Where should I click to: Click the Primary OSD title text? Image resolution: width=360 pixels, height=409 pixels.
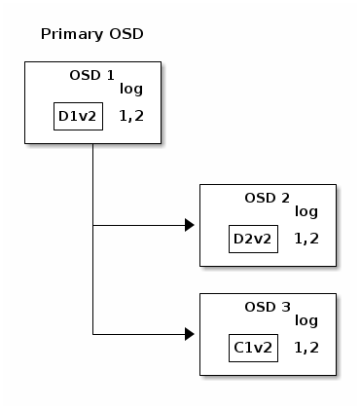pyautogui.click(x=92, y=34)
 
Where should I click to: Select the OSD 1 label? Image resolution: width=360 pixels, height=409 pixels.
pyautogui.click(x=92, y=75)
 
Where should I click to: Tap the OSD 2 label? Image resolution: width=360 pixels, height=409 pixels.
pyautogui.click(x=268, y=198)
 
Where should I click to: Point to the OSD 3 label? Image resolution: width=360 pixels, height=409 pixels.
pyautogui.click(x=268, y=307)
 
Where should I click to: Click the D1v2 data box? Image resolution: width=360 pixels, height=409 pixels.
pyautogui.click(x=78, y=116)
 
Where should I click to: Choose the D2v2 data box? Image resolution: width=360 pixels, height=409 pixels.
pyautogui.click(x=253, y=239)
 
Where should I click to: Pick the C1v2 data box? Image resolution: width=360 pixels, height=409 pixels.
pyautogui.click(x=253, y=348)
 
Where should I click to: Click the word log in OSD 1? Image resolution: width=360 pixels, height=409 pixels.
pyautogui.click(x=131, y=90)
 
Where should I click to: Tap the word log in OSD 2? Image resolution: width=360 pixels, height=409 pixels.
pyautogui.click(x=306, y=212)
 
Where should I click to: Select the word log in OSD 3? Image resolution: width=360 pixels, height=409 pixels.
pyautogui.click(x=306, y=321)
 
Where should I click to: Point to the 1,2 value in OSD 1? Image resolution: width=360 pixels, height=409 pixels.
pyautogui.click(x=131, y=116)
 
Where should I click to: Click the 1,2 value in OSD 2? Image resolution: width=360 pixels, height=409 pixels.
pyautogui.click(x=306, y=239)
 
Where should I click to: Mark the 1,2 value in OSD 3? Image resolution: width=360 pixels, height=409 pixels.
pyautogui.click(x=306, y=348)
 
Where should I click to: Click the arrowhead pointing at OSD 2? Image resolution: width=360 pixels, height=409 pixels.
pyautogui.click(x=190, y=225)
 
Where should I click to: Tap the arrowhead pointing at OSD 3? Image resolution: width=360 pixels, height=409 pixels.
pyautogui.click(x=190, y=334)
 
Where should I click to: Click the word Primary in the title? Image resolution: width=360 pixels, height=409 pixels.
pyautogui.click(x=72, y=34)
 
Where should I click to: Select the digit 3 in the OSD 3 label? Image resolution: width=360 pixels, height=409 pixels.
pyautogui.click(x=286, y=307)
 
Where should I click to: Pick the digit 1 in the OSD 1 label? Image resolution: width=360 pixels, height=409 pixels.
pyautogui.click(x=111, y=75)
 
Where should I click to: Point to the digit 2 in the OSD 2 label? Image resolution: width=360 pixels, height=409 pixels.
pyautogui.click(x=285, y=198)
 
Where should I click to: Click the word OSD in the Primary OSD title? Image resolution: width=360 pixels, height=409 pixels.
pyautogui.click(x=126, y=34)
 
